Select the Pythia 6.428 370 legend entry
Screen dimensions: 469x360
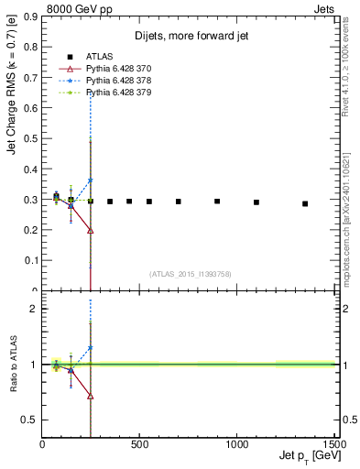(110, 69)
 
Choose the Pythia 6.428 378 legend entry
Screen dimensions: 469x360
(110, 81)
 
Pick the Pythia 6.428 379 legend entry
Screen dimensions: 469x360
(110, 93)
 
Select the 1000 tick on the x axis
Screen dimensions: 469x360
(238, 443)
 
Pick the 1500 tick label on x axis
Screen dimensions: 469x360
(334, 443)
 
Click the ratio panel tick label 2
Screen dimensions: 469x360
(33, 309)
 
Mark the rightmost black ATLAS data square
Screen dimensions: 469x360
(305, 203)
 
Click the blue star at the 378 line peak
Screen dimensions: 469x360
(91, 180)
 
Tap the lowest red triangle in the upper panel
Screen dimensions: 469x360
(91, 231)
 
